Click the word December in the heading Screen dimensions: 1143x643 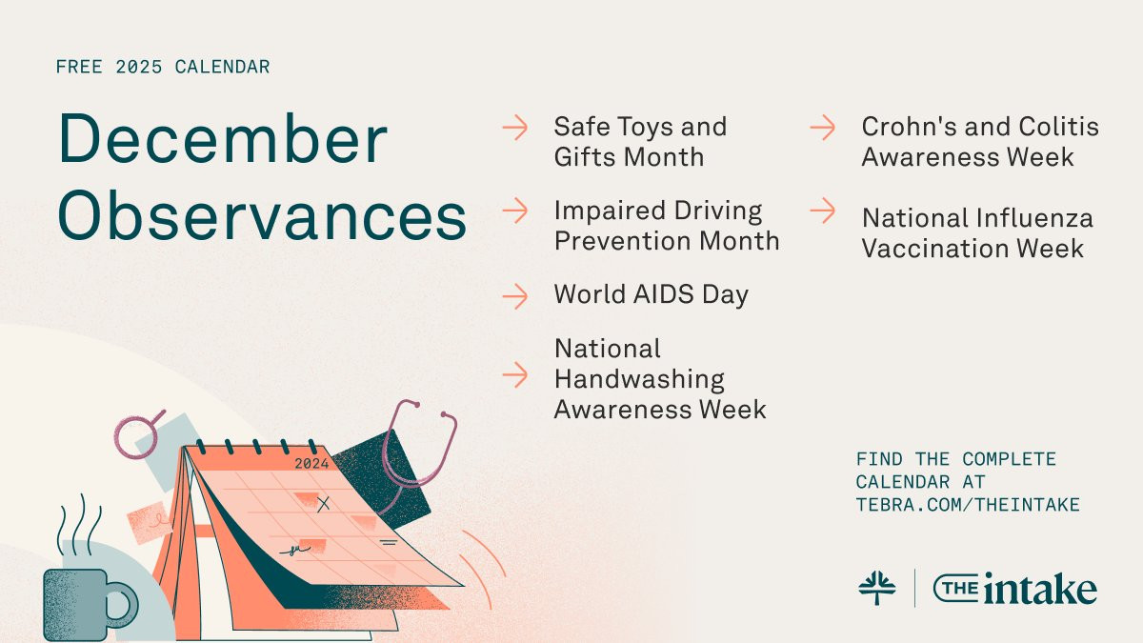click(x=223, y=138)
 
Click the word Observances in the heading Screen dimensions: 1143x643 click(x=262, y=215)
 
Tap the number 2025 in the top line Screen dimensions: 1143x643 click(x=139, y=67)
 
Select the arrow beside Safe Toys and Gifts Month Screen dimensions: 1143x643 click(x=515, y=127)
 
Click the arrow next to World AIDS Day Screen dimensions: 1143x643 click(x=515, y=296)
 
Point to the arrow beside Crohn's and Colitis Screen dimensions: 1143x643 click(x=823, y=127)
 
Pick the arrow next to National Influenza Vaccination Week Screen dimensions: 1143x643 click(x=823, y=211)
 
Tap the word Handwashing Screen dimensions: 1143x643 click(x=639, y=379)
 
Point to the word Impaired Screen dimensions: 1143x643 click(x=610, y=211)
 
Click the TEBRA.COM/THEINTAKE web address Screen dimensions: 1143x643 click(x=968, y=505)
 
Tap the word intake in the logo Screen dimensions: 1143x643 click(x=1040, y=589)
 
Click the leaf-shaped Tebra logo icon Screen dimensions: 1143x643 click(x=876, y=588)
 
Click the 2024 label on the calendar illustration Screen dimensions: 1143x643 click(x=311, y=463)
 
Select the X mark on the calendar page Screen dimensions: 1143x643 click(x=324, y=504)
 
